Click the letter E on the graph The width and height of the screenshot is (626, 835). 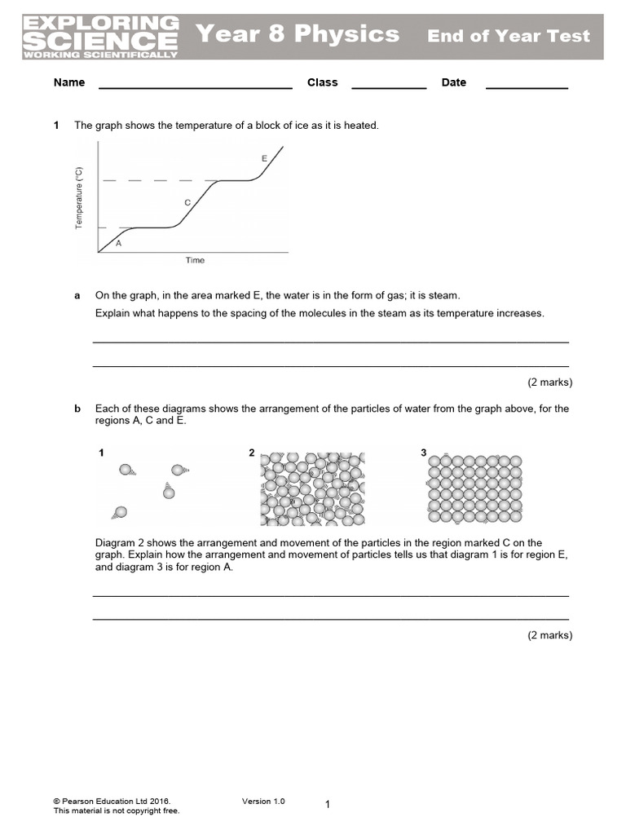(x=264, y=158)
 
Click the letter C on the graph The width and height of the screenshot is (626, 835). (x=187, y=202)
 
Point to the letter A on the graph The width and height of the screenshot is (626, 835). (x=119, y=243)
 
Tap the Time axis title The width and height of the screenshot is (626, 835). (x=195, y=261)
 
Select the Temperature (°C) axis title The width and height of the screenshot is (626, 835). (x=79, y=197)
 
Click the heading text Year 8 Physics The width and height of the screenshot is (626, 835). (x=298, y=34)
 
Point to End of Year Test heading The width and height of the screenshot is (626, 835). (x=509, y=36)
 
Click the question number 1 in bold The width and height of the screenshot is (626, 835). (x=56, y=126)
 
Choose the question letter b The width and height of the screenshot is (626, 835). (x=77, y=409)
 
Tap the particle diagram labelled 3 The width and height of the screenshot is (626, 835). (x=474, y=488)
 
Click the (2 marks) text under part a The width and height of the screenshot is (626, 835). (x=549, y=382)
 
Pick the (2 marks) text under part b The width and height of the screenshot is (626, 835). (x=549, y=635)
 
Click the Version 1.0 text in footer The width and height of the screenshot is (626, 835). (x=263, y=802)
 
